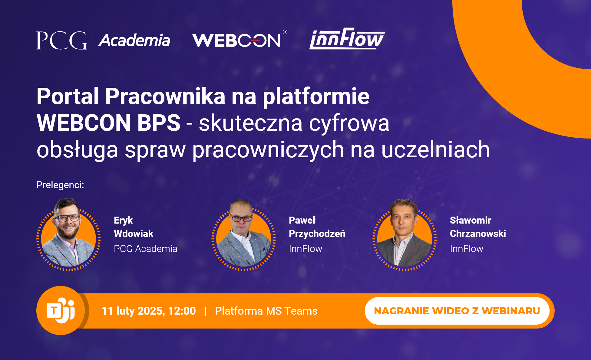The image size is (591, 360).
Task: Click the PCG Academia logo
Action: (103, 40)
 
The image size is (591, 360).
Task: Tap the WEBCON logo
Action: (239, 39)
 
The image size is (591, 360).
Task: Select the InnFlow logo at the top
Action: (347, 39)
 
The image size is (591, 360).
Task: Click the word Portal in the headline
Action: (68, 96)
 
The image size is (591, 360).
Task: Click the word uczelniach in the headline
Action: (435, 149)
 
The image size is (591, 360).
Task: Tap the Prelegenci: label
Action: (60, 185)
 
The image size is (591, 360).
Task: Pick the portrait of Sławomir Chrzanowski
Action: (404, 235)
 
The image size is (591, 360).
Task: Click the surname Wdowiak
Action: (134, 234)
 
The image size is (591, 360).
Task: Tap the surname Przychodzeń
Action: (317, 234)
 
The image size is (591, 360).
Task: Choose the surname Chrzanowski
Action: (478, 234)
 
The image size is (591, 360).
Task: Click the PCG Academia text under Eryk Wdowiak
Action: (146, 249)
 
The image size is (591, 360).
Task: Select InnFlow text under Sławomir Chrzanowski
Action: (467, 249)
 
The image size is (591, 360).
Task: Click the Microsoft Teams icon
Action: (61, 310)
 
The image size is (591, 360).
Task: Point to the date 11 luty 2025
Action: (134, 311)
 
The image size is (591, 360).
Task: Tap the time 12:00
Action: (182, 311)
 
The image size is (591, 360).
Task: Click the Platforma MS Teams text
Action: (266, 311)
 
